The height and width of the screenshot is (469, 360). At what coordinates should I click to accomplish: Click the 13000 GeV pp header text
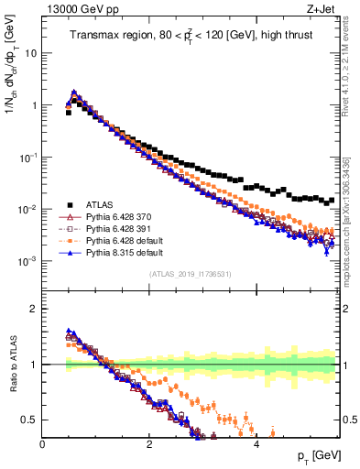(78, 7)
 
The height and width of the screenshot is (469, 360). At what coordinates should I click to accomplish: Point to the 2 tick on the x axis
(149, 444)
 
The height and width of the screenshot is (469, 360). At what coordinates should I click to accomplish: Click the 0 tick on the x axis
(42, 444)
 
